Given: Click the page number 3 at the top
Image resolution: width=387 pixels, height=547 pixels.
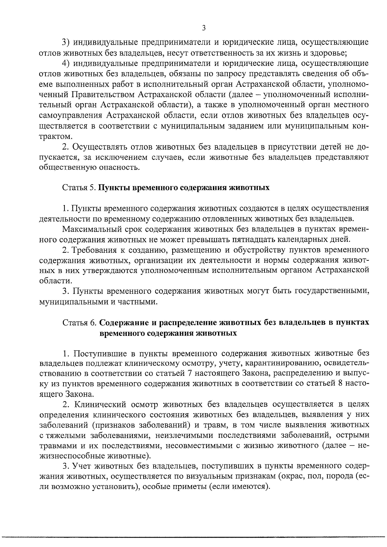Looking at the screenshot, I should coord(203,28).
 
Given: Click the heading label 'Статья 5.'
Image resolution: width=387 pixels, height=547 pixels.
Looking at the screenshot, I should coord(79,188).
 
